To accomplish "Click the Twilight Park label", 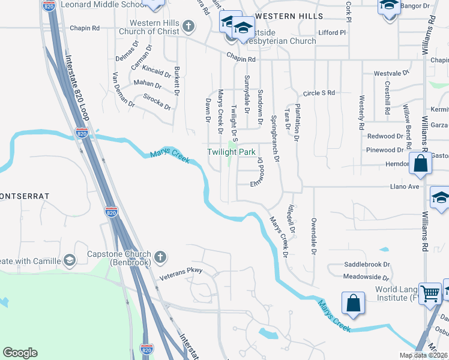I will coord(232,152).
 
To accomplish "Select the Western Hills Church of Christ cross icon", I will coord(188,26).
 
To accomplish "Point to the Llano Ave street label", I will coord(405,187).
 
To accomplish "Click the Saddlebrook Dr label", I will coord(367,264).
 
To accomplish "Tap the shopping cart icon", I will coord(430,293).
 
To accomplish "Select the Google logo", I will coord(20,353).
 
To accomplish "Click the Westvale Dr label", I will coord(391,73).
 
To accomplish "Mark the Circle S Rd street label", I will coord(318,93).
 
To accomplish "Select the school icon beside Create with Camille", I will coord(70,260).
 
